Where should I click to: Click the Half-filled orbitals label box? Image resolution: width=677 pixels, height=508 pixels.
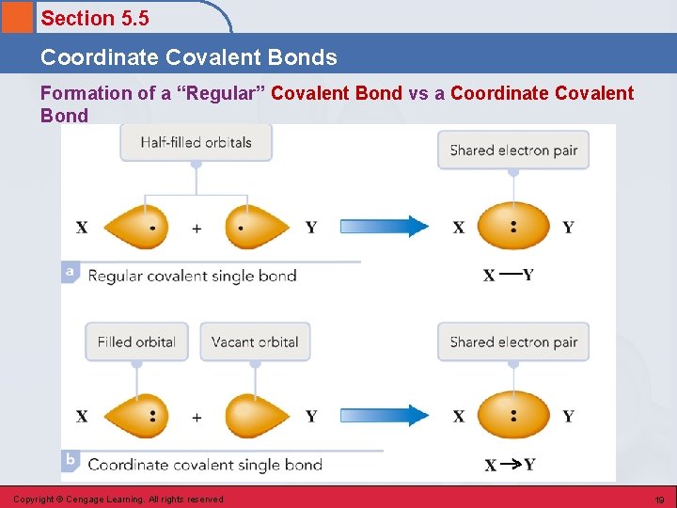pyautogui.click(x=196, y=143)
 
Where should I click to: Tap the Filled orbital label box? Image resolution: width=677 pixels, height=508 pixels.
pyautogui.click(x=136, y=341)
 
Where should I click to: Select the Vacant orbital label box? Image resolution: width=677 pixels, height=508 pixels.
pyautogui.click(x=255, y=341)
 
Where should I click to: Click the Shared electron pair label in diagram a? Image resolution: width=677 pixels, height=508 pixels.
pyautogui.click(x=513, y=151)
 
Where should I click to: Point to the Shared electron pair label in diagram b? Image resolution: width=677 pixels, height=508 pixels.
pyautogui.click(x=513, y=341)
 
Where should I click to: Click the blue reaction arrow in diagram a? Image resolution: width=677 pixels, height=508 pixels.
pyautogui.click(x=383, y=227)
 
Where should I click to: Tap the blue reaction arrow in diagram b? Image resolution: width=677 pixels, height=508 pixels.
pyautogui.click(x=383, y=415)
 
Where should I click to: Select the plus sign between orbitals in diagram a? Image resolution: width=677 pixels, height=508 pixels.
pyautogui.click(x=197, y=228)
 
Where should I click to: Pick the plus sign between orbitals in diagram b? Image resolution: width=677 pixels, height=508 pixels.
pyautogui.click(x=197, y=416)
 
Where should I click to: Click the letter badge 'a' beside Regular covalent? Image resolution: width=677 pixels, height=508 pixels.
pyautogui.click(x=70, y=272)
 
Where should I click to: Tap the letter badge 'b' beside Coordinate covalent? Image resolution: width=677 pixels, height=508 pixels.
pyautogui.click(x=70, y=461)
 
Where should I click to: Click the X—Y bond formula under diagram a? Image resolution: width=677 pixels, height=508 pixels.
pyautogui.click(x=509, y=275)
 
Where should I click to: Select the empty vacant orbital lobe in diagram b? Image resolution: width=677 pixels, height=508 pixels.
pyautogui.click(x=257, y=415)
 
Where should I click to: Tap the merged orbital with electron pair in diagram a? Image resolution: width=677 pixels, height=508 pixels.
pyautogui.click(x=512, y=227)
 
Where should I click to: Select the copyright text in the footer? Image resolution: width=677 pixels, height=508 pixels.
pyautogui.click(x=118, y=500)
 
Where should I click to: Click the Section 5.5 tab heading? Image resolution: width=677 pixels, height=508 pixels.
pyautogui.click(x=95, y=18)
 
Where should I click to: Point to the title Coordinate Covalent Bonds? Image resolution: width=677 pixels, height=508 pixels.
pyautogui.click(x=188, y=57)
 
